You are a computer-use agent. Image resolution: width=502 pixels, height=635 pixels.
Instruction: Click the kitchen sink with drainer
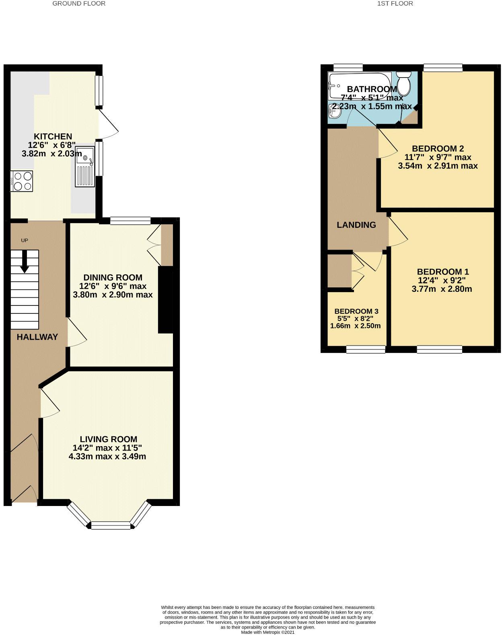tap(84, 167)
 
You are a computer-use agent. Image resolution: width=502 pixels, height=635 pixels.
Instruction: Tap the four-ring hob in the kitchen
tap(22, 181)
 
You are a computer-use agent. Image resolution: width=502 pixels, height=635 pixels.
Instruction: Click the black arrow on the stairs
tap(25, 261)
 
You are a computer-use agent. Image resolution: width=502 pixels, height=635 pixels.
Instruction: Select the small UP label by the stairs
tap(25, 240)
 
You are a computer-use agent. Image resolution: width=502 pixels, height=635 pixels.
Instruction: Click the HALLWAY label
tap(37, 337)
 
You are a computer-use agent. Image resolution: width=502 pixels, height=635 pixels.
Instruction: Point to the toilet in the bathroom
tap(403, 83)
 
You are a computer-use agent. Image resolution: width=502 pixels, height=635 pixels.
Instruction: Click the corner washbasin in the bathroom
tap(335, 111)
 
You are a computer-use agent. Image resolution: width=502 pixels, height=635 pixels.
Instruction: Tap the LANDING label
tap(356, 225)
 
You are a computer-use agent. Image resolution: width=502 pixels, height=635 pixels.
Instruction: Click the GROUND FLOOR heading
tap(79, 4)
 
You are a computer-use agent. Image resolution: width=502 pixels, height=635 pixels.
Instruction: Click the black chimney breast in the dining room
tap(165, 299)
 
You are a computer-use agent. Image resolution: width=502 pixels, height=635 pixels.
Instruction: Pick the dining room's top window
tap(130, 220)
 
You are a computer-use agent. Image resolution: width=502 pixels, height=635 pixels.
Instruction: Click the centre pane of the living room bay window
tap(111, 526)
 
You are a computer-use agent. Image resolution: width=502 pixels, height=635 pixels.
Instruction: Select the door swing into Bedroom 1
tap(398, 233)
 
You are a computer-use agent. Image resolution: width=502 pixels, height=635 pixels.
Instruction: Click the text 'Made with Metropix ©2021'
tap(267, 632)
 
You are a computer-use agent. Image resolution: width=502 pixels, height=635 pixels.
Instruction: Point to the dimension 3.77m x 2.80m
tap(442, 289)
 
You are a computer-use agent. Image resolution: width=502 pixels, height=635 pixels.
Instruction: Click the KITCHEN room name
tap(53, 137)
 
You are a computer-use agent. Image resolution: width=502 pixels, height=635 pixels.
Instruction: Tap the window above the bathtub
tap(348, 68)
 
